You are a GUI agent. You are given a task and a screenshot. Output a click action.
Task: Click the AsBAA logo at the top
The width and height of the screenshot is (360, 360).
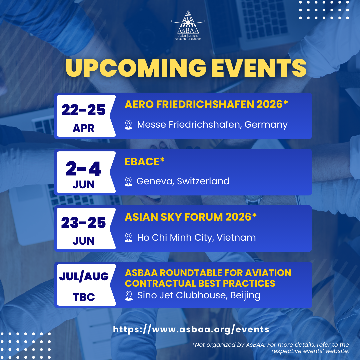[x=188, y=25]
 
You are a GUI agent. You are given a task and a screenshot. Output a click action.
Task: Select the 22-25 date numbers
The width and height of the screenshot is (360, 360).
[x=83, y=110]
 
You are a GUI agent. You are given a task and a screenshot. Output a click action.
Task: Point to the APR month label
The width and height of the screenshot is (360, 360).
[x=84, y=128]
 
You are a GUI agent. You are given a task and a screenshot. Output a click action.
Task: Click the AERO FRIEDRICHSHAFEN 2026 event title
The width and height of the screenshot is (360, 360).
[x=206, y=104]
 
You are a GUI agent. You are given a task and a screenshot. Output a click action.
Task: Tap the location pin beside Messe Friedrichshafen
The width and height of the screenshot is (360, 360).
[x=128, y=125]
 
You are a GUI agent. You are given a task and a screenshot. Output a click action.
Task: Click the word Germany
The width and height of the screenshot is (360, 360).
[x=266, y=125]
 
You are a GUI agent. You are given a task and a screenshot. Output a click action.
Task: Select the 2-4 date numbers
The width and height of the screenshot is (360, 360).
[x=83, y=169]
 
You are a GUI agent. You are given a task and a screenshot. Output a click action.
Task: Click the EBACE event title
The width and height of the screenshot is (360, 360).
[x=144, y=162]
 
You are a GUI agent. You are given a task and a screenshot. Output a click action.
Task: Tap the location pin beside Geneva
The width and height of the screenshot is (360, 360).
[x=128, y=181]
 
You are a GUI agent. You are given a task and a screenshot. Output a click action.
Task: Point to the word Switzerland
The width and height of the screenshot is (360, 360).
[x=203, y=181]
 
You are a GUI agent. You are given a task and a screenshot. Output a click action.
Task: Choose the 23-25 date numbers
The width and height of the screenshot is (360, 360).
[x=83, y=222]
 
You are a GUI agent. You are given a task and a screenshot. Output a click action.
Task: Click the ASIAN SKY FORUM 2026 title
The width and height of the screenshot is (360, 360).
[x=191, y=217]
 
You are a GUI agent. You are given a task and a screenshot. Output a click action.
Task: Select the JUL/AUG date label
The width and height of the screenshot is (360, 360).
[x=84, y=276]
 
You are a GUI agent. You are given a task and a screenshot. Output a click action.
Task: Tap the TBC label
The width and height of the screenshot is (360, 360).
[x=84, y=297]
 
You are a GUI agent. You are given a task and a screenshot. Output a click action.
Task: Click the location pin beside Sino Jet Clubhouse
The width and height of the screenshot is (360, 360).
[x=129, y=296]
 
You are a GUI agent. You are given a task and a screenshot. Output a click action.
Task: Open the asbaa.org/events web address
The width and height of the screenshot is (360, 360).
[x=191, y=329]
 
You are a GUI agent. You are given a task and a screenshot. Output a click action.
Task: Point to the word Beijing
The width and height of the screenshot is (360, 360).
[x=245, y=295]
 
